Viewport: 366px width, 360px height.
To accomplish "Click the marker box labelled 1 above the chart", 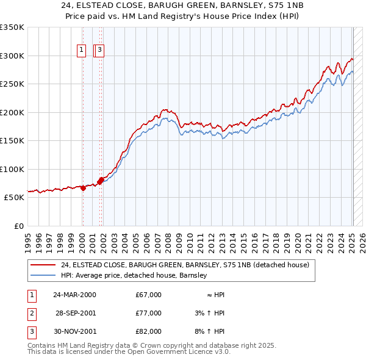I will (x=81, y=51).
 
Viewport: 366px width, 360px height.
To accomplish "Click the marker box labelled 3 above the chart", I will (x=101, y=51).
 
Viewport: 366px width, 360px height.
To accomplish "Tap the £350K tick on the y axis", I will (x=12, y=27).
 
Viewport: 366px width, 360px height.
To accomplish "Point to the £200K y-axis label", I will (x=12, y=112).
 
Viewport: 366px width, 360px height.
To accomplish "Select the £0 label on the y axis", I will (x=18, y=226).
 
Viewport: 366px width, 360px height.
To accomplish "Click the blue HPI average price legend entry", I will (x=134, y=275).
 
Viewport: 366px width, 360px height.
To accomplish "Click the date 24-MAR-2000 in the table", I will (x=74, y=295).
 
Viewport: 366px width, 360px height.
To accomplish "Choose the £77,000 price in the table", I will (x=149, y=313).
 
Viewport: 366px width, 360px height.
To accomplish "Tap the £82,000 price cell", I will (x=149, y=331).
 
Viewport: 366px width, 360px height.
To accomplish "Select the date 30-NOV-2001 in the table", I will (x=74, y=331).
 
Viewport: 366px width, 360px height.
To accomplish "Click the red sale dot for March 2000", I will (x=83, y=188).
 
